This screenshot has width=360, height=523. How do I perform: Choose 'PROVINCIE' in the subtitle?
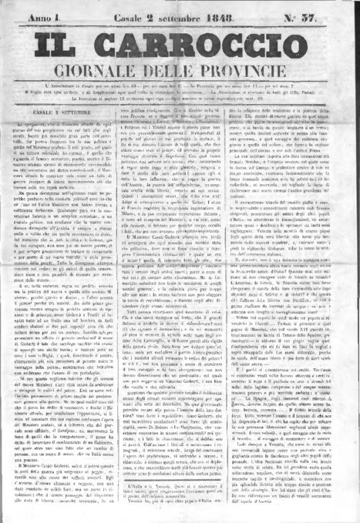pyautogui.click(x=262, y=72)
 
